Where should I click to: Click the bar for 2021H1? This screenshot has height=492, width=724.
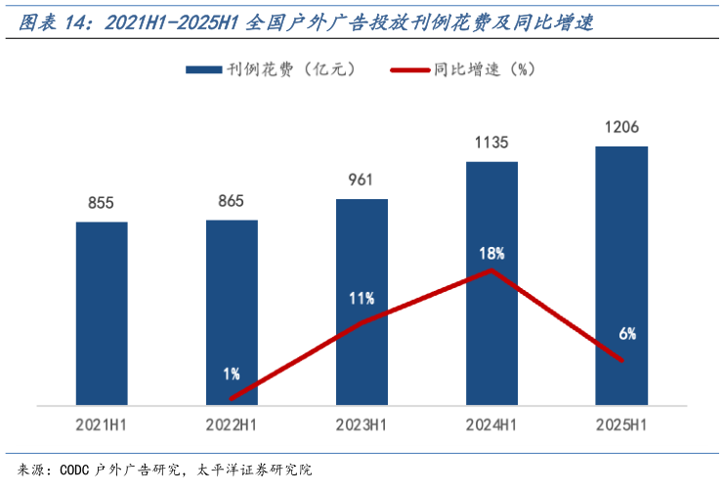tap(102, 312)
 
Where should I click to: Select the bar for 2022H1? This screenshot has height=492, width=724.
tap(232, 293)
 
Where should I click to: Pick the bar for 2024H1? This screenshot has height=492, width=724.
tap(491, 215)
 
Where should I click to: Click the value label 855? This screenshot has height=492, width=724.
tap(102, 203)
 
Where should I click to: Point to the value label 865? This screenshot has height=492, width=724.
tap(232, 201)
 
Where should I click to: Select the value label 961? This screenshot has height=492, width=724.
tap(362, 181)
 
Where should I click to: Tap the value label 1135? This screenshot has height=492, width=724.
tap(491, 143)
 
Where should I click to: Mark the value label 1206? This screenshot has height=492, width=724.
tap(621, 128)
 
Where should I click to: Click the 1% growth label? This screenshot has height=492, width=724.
tap(231, 374)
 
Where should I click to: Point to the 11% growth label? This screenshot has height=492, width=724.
tap(362, 298)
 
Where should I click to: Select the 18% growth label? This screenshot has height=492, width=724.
tap(491, 253)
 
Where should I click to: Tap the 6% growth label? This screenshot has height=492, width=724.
tap(627, 334)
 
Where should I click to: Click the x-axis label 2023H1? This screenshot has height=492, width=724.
tap(362, 426)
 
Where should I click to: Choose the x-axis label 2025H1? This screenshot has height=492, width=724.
tap(621, 426)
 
